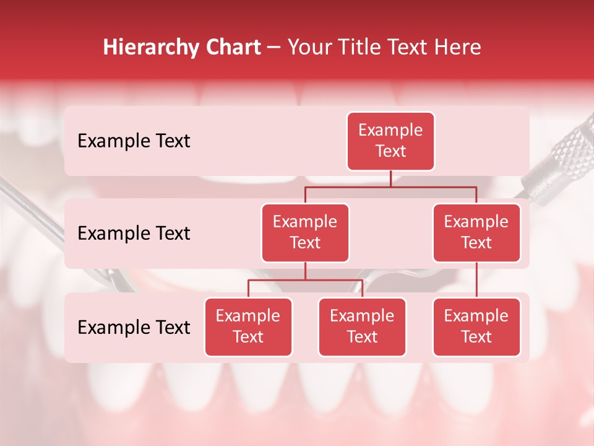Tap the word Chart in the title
tap(233, 48)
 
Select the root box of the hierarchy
tap(390, 141)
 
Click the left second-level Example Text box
tap(305, 233)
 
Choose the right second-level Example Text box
tap(476, 233)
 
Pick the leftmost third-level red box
tap(248, 327)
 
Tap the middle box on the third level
tap(362, 327)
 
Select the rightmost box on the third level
tap(476, 327)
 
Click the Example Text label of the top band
tap(134, 141)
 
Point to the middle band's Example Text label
tap(134, 234)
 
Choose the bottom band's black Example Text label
tap(134, 328)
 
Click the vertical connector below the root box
tap(390, 178)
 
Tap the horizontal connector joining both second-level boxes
tap(390, 187)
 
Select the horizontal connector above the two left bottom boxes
tap(305, 281)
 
